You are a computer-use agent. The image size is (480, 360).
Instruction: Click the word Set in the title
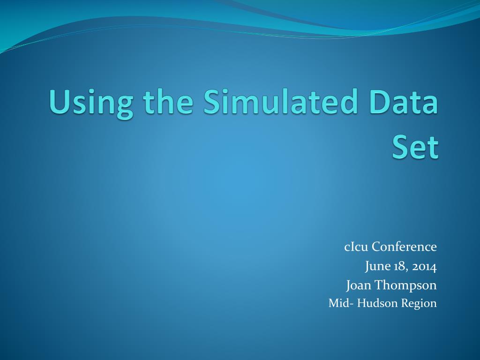415,148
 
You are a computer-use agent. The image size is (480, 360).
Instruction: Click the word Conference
405,247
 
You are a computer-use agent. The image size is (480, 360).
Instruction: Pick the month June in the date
378,267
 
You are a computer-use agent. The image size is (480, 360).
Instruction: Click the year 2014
425,267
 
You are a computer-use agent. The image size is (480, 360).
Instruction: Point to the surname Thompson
405,285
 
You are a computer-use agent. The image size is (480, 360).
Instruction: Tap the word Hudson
378,303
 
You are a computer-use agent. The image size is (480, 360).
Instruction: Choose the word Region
419,304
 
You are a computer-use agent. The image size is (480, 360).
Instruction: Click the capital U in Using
59,102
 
